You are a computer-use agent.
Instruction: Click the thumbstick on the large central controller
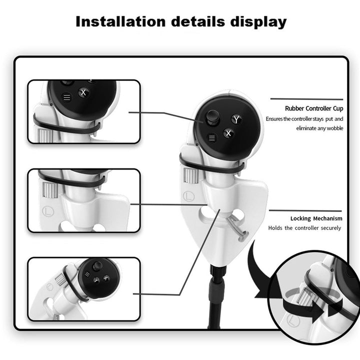[x=211, y=117]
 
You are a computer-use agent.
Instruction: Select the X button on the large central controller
[x=229, y=133]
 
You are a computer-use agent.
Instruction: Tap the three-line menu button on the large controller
[x=211, y=137]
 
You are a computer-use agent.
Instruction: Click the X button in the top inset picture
[x=84, y=92]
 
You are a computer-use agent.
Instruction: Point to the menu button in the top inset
[x=67, y=98]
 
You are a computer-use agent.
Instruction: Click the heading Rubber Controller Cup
[x=314, y=108]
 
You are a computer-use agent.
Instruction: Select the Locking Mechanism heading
[x=316, y=218]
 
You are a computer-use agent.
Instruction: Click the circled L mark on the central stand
[x=188, y=195]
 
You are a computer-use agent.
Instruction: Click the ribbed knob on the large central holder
[x=189, y=175]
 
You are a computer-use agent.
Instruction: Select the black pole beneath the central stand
[x=217, y=300]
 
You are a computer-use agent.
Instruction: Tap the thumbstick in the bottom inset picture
[x=97, y=266]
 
